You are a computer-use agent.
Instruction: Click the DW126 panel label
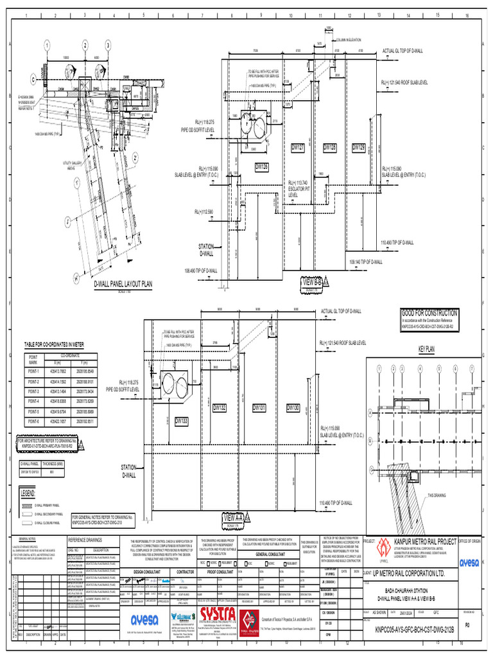[x=262, y=167]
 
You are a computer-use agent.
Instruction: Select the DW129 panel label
[x=359, y=148]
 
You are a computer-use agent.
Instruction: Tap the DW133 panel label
[x=182, y=420]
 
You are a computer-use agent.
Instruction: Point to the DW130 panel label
[x=293, y=407]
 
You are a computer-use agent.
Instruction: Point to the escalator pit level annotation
[x=299, y=188]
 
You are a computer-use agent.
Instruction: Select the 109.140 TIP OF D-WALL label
[x=365, y=262]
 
